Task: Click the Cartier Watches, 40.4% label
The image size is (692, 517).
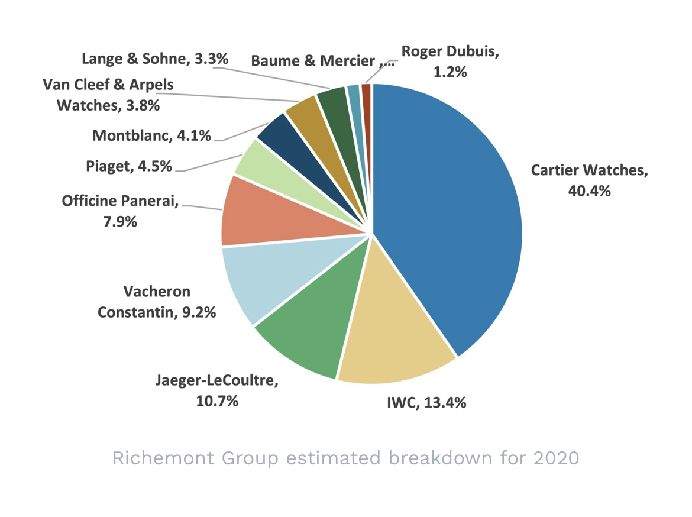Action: click(x=589, y=180)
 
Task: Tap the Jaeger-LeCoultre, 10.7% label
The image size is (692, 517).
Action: click(x=217, y=390)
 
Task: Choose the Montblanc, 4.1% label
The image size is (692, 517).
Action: click(x=152, y=135)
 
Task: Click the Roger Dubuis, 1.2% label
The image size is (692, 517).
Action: click(x=450, y=62)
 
